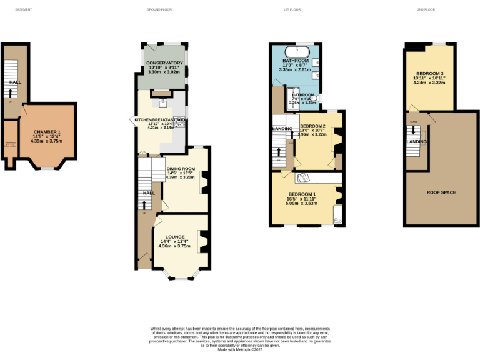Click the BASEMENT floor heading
point(23,10)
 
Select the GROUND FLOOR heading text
point(159,10)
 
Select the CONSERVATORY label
point(164,63)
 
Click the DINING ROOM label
point(181,169)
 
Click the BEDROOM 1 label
point(302,194)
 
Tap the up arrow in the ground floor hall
point(145,204)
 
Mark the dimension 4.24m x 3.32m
point(428,82)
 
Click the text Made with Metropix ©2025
point(239,350)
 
